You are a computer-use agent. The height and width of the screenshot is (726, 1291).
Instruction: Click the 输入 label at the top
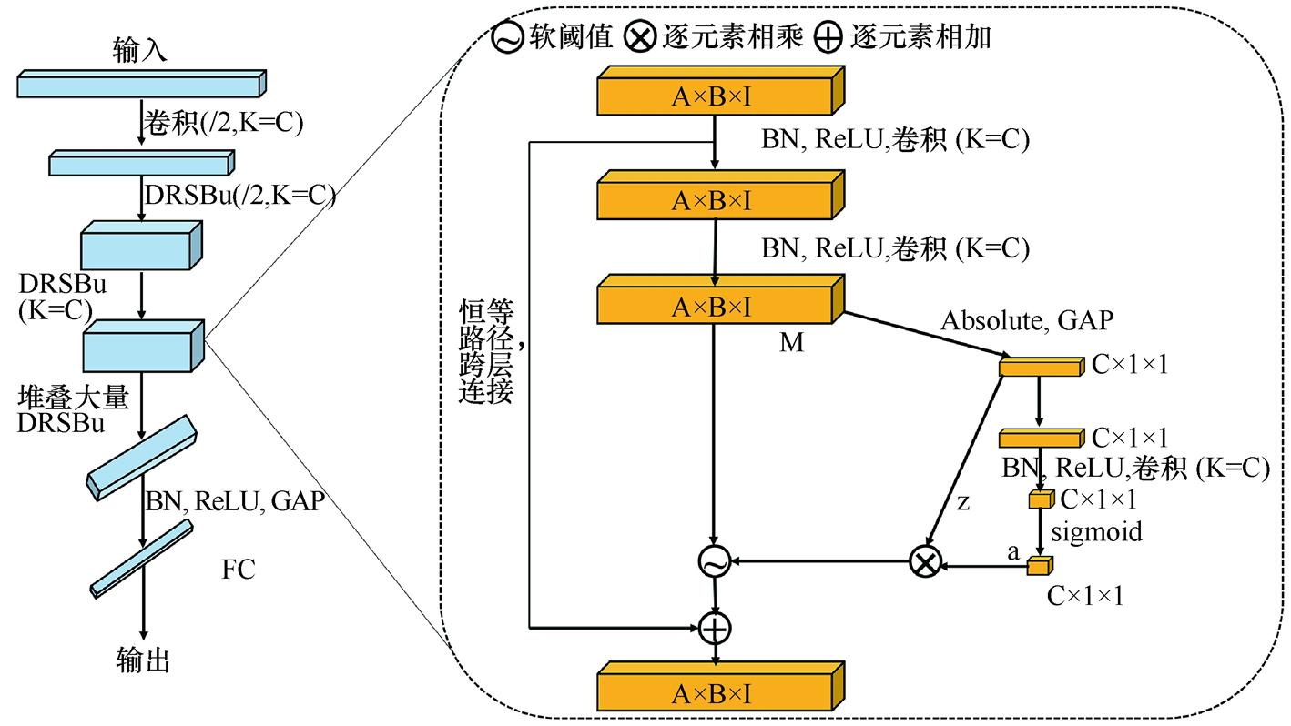(140, 49)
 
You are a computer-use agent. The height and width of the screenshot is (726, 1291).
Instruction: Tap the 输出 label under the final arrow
(144, 660)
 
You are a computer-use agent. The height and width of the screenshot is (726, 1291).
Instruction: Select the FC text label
(239, 570)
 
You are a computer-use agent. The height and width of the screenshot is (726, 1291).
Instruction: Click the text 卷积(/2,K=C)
(222, 123)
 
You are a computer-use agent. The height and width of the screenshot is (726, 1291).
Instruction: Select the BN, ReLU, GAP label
(235, 500)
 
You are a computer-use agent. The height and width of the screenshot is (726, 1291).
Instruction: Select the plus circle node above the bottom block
(716, 627)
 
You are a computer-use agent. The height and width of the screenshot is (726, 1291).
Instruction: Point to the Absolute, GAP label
(1027, 320)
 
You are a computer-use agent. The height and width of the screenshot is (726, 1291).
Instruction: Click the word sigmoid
(1096, 531)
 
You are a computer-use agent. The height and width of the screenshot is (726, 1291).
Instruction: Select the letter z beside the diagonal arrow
(963, 501)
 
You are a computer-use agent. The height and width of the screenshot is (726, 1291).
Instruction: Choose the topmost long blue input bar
(141, 84)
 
